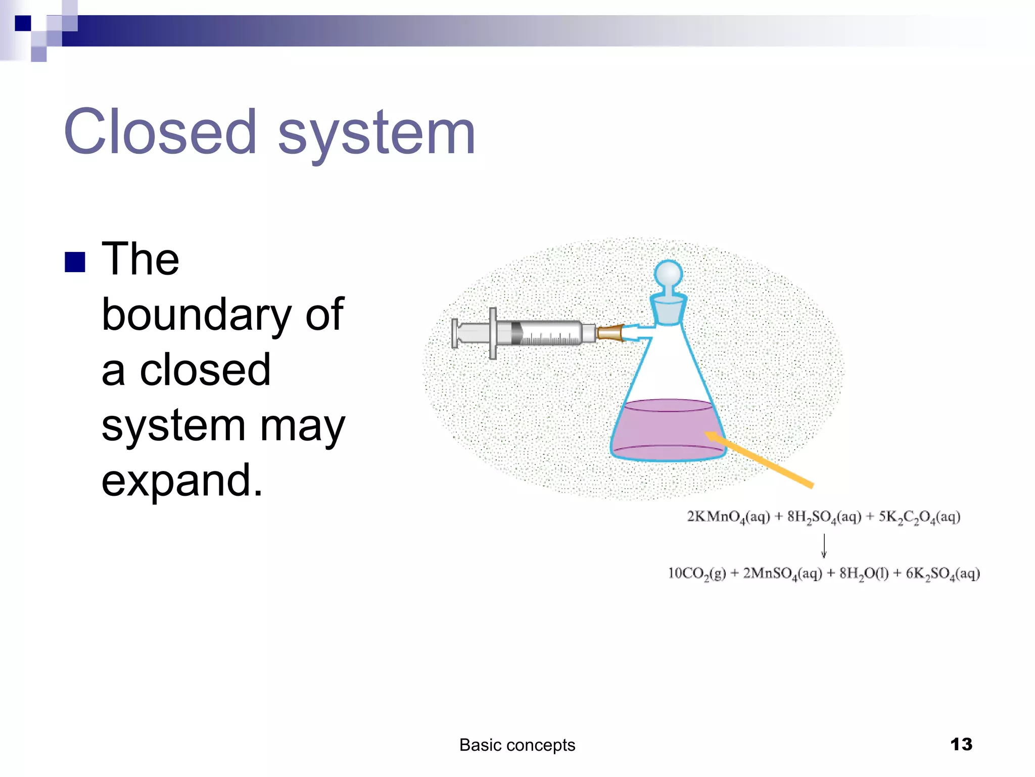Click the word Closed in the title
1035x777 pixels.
coord(160,133)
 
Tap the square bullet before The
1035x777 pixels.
coord(75,262)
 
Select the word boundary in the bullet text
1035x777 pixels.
coord(196,315)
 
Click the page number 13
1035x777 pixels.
coord(961,744)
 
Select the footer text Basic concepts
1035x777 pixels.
coord(517,745)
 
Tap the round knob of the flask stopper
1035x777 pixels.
coord(668,274)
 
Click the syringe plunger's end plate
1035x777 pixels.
coord(455,333)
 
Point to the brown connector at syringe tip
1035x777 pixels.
coord(610,333)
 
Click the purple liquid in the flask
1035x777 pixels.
coord(667,430)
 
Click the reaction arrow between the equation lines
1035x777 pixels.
coord(824,545)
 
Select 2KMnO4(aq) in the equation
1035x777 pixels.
coord(728,517)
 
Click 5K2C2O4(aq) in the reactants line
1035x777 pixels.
coord(919,517)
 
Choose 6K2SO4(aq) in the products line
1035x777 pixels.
coord(943,574)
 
